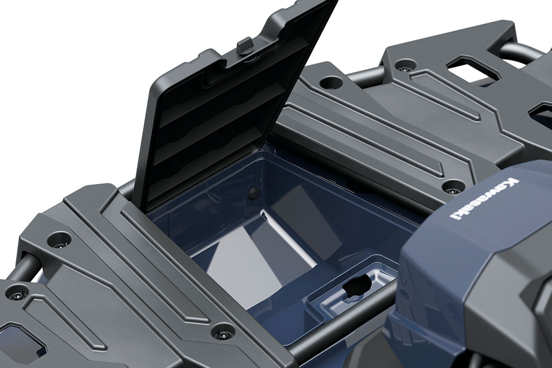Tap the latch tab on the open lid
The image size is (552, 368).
245,45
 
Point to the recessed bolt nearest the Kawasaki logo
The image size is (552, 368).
454,187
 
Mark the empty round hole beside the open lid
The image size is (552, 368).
331,82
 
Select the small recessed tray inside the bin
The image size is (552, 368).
352,290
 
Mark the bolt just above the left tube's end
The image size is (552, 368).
59,239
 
